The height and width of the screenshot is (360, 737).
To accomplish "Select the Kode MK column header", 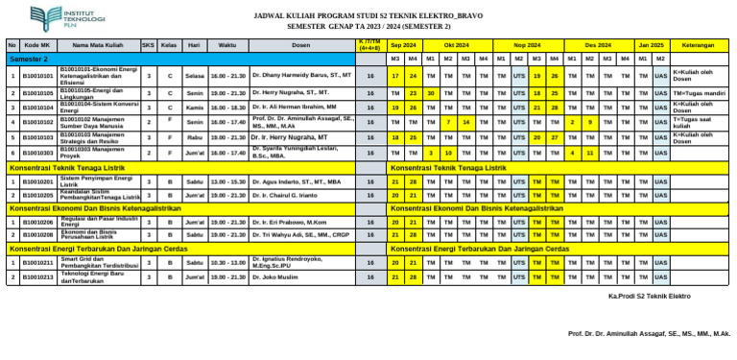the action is (38, 45).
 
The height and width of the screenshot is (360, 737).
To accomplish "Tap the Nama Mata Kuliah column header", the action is (98, 45).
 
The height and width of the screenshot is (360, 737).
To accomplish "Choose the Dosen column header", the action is (300, 45).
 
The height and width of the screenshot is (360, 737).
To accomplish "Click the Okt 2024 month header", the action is (457, 45).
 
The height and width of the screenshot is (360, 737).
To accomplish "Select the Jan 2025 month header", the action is (651, 45).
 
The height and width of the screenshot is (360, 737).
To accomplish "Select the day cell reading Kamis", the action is (195, 108).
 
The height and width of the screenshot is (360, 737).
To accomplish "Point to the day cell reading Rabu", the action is (195, 137).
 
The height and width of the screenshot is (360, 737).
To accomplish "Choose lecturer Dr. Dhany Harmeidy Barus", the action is (301, 75).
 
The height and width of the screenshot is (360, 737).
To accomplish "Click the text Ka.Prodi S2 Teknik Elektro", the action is (650, 297).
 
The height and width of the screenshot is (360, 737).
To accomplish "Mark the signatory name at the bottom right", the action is (650, 334).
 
